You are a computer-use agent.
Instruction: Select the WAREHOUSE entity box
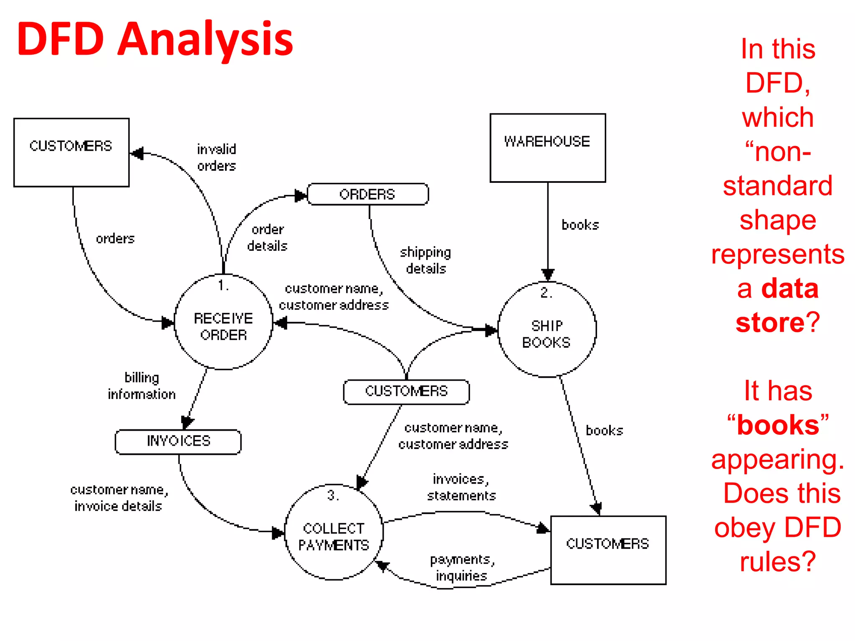pos(547,148)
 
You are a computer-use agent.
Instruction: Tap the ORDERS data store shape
pos(367,194)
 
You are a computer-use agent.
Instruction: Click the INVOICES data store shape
pos(178,441)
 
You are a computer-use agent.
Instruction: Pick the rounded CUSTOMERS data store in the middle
pos(406,391)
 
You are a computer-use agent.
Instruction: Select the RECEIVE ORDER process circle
pos(223,322)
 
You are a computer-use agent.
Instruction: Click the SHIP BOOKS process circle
pos(546,330)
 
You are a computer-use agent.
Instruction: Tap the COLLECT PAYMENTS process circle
pos(334,532)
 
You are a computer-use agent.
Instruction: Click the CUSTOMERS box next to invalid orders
pos(71,152)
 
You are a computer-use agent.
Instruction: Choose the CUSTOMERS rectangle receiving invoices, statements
pos(608,550)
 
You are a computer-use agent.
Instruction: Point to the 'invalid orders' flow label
pos(217,157)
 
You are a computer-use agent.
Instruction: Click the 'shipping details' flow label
pos(425,260)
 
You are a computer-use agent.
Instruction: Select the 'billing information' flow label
pos(142,386)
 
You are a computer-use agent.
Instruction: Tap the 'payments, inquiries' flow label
pos(462,567)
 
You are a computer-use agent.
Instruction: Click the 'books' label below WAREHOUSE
pos(580,225)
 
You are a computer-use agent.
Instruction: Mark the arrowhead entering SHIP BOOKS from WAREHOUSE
pos(548,274)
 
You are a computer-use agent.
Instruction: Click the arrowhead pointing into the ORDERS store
pos(300,195)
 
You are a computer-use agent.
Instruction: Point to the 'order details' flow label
pos(267,237)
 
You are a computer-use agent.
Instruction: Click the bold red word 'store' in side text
pos(769,323)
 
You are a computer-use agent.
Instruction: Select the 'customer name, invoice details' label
pos(119,497)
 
